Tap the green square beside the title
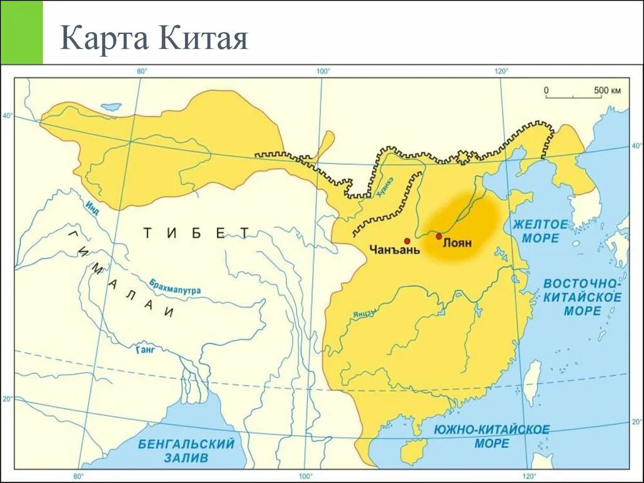21,32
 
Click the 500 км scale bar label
607,91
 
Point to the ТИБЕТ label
196,233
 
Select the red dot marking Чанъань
407,241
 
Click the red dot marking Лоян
438,236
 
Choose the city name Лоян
457,243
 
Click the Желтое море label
540,231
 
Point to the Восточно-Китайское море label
582,296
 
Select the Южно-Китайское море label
492,436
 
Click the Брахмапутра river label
175,287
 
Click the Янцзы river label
365,312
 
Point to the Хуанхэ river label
386,187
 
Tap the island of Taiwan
532,382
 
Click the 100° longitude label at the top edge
323,71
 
